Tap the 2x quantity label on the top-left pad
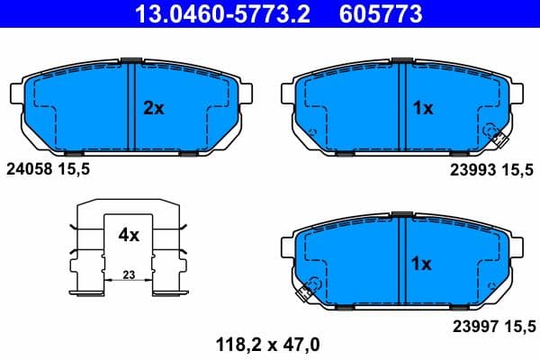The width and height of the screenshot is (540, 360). pos(154,108)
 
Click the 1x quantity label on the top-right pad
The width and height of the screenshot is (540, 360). pos(423,108)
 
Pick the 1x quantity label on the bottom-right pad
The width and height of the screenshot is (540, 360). pos(422,265)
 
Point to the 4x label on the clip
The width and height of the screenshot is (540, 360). pos(129,235)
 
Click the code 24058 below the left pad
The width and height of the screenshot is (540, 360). pos(30,167)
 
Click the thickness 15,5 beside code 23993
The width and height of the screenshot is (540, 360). pos(516,167)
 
